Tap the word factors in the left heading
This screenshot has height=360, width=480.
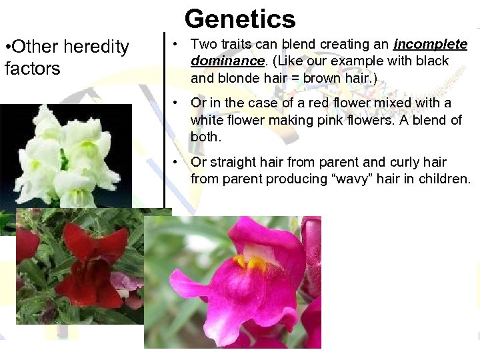coord(32,68)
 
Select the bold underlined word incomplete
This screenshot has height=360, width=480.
coord(431,45)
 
